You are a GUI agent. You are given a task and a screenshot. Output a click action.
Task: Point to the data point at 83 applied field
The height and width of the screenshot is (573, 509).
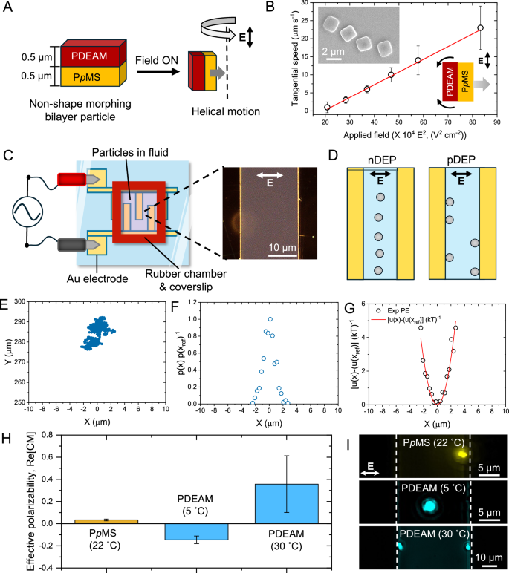click(x=480, y=28)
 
